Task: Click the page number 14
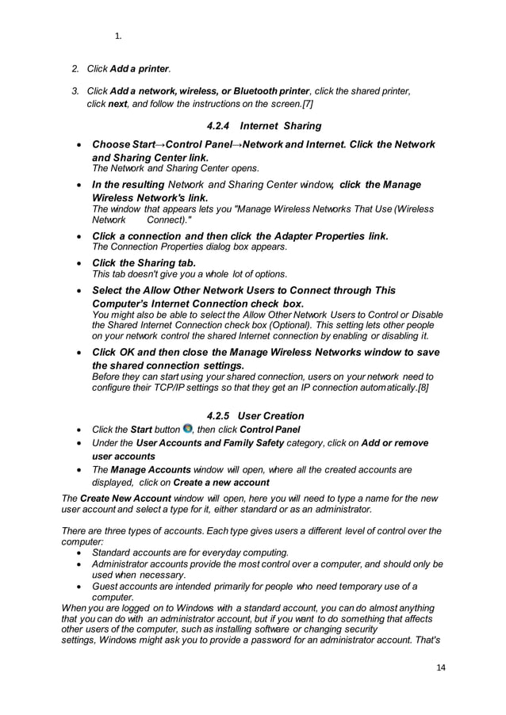[x=441, y=667]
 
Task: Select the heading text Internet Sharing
[x=281, y=125]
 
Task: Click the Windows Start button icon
[x=187, y=429]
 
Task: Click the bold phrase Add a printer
[x=140, y=69]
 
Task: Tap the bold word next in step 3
[x=117, y=104]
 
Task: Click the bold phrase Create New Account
[x=117, y=497]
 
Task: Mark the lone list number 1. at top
[x=118, y=36]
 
